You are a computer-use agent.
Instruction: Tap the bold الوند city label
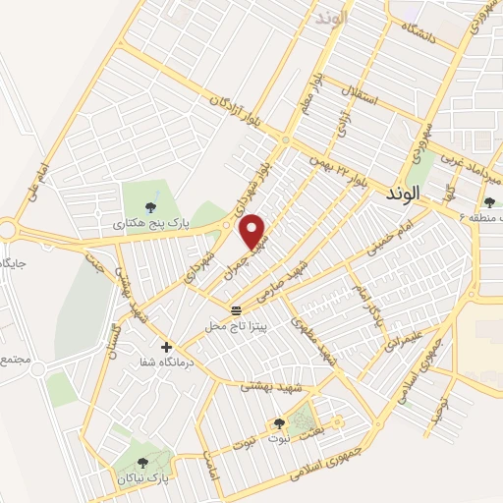point(431,195)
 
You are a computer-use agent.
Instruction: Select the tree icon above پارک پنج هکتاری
point(150,207)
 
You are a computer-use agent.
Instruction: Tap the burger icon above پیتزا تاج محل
point(236,310)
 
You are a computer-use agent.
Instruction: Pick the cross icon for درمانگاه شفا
point(166,347)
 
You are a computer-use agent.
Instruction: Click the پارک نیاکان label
point(142,478)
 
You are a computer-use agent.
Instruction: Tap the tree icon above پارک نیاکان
point(142,463)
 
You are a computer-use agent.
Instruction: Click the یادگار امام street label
point(365,295)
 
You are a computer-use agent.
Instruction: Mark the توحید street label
point(447,404)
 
